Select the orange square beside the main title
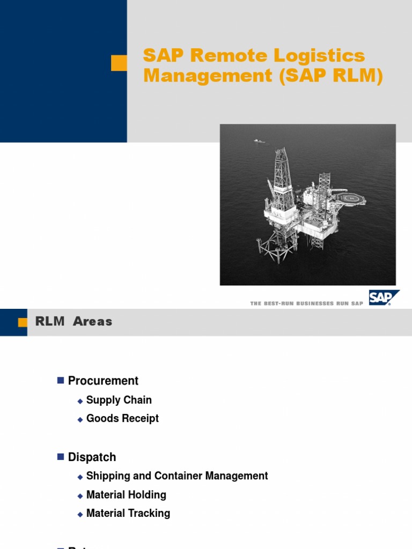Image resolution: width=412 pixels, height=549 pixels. coord(119,63)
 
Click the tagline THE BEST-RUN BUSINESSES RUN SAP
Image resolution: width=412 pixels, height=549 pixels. coord(307,303)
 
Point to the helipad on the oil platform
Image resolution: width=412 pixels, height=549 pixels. coord(351,199)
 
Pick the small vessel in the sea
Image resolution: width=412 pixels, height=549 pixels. coord(260,142)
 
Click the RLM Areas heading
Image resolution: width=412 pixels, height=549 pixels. coord(73,322)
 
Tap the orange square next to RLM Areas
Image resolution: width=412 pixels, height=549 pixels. coord(23,322)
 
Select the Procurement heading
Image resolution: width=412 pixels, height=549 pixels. coord(103,381)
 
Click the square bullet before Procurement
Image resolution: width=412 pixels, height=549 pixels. coord(60,381)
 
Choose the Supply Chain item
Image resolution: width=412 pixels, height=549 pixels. coord(119,400)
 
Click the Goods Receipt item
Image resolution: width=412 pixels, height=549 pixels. coord(122,418)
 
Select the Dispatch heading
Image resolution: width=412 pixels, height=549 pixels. coord(92,457)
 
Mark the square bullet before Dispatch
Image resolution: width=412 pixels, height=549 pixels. coord(60,457)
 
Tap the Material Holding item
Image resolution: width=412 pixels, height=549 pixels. coord(126,495)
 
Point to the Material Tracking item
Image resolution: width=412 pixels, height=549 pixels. coord(128,513)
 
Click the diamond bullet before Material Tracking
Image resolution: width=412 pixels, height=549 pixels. coord(80,514)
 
